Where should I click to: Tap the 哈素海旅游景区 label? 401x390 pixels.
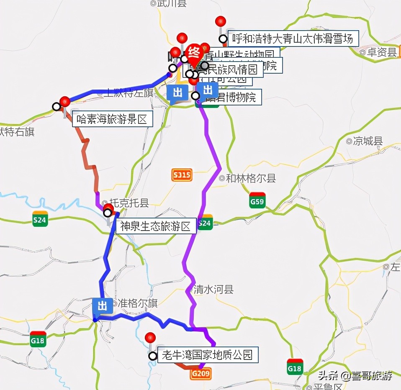click(112, 120)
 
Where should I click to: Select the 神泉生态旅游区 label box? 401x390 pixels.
click(156, 226)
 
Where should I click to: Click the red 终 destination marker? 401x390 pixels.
click(194, 53)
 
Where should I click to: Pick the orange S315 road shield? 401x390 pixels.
click(182, 175)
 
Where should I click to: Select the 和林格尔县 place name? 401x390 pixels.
click(251, 179)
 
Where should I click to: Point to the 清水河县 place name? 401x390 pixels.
click(213, 289)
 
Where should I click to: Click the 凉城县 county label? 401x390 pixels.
click(368, 141)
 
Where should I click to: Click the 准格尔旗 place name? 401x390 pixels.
click(138, 303)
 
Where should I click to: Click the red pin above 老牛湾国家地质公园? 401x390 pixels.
click(150, 337)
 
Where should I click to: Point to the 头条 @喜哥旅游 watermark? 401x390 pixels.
click(355, 375)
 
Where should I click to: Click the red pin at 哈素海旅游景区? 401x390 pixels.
click(65, 101)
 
